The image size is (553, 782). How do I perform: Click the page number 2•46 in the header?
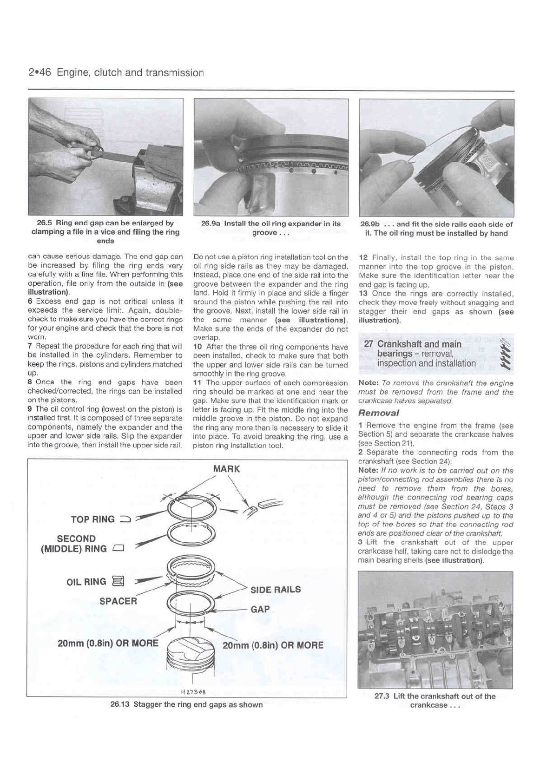40,72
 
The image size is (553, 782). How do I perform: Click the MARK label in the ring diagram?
226,469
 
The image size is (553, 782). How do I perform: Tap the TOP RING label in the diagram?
93,519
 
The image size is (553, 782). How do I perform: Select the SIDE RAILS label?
276,590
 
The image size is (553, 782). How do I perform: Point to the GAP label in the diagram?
260,609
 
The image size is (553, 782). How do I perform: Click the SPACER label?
118,601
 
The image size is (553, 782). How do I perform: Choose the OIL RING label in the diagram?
86,582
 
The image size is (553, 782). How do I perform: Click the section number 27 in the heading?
369,344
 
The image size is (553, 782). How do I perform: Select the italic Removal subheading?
379,413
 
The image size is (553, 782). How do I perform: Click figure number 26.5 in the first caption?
45,223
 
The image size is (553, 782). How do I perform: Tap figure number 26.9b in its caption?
370,224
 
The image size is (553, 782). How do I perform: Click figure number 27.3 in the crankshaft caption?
382,696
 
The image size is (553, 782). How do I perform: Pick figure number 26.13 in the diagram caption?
120,704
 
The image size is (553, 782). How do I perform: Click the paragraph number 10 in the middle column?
197,347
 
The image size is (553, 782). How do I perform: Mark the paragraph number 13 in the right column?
363,294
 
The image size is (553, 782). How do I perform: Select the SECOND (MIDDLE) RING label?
76,544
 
